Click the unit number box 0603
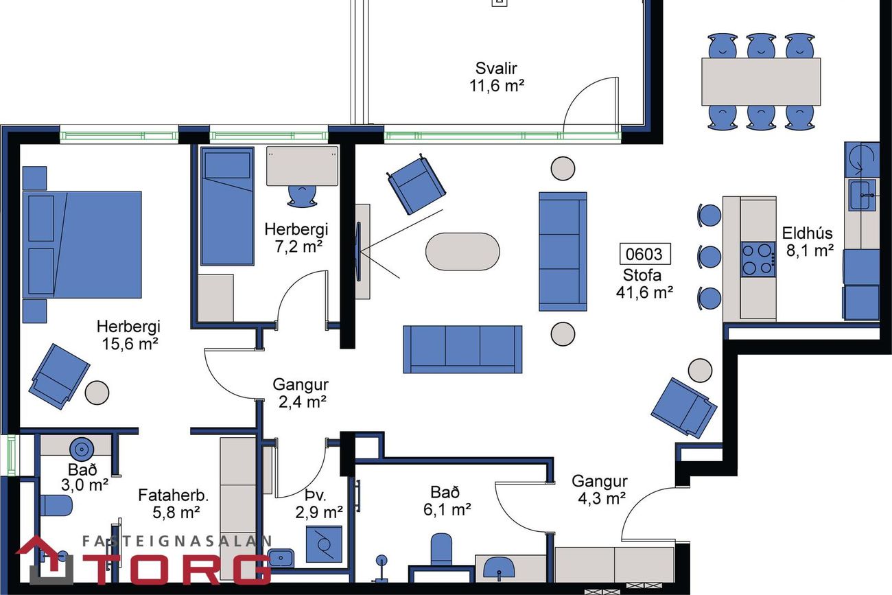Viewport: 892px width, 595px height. (x=645, y=254)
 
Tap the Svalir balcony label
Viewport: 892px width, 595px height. (x=496, y=68)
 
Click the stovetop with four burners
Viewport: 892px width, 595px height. (x=758, y=259)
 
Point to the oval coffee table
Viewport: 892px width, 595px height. (x=462, y=252)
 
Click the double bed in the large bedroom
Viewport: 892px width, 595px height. (x=82, y=244)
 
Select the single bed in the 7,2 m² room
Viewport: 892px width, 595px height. (x=227, y=207)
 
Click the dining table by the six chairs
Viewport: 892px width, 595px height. (x=761, y=82)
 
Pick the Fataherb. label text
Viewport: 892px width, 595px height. (x=173, y=495)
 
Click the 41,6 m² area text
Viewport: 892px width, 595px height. (x=645, y=292)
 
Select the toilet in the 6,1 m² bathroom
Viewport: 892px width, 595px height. (x=441, y=549)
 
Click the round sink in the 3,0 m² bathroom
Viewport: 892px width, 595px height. (x=82, y=449)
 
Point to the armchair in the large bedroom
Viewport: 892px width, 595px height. (x=59, y=376)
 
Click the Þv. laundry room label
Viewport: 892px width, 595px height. (x=316, y=495)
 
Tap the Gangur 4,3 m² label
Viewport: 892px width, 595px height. (x=600, y=490)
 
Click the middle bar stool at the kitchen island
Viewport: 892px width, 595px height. (x=709, y=257)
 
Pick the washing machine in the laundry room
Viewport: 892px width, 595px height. (x=324, y=544)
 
